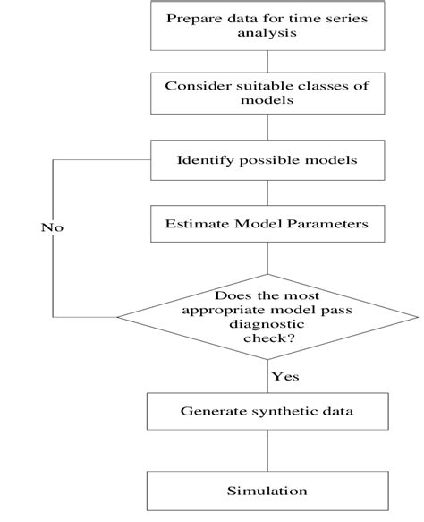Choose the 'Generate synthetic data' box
click(268, 413)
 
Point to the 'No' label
click(53, 227)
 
